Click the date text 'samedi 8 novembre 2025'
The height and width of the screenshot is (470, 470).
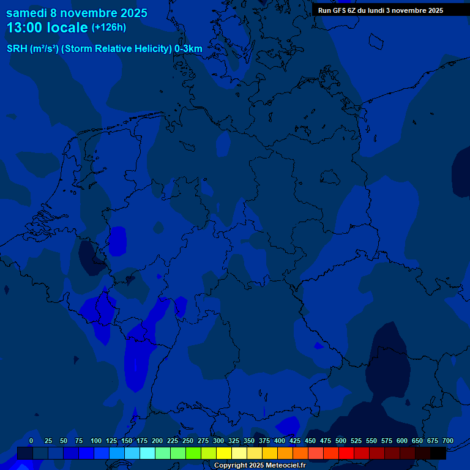tap(76, 12)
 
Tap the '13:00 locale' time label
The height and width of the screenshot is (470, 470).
tap(47, 28)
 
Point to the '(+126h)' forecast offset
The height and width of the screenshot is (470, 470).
tap(108, 28)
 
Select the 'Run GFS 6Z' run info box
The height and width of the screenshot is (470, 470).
tap(381, 10)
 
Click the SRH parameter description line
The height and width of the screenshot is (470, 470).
tap(104, 49)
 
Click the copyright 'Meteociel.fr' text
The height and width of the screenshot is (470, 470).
tap(259, 466)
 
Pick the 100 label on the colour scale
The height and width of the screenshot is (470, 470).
tap(96, 441)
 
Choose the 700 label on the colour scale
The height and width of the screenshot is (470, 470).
tap(448, 441)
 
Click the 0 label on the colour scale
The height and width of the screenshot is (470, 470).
tap(31, 441)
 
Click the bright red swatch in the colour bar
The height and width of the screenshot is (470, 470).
tap(346, 453)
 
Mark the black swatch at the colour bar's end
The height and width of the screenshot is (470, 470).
tap(438, 453)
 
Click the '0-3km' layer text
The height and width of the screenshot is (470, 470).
tap(188, 49)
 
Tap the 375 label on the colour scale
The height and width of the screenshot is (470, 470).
tap(264, 441)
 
